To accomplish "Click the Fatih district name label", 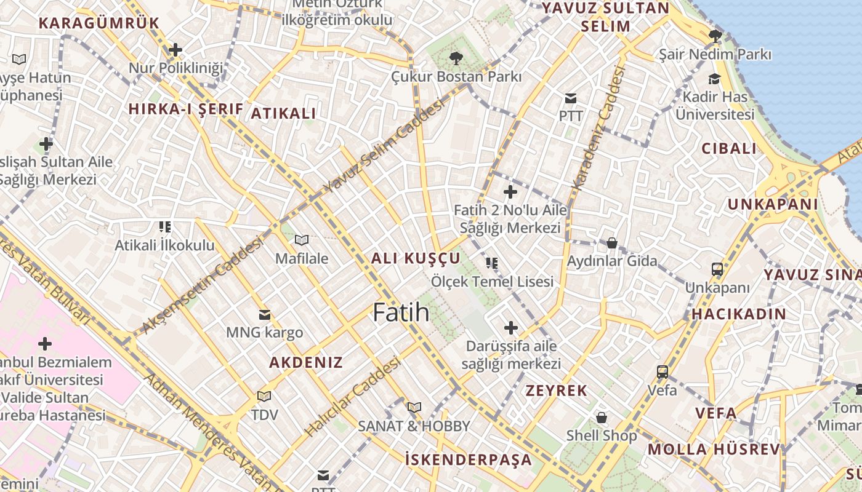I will coord(401,312).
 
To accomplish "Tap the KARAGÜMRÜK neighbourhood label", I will coord(99,23).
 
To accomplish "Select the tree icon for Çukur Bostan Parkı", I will coord(456,58).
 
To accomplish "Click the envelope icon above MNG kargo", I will coord(265,315).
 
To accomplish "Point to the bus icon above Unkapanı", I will coord(717,269).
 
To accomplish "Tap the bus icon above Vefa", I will coord(663,371).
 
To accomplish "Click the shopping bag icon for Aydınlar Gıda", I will coord(612,243).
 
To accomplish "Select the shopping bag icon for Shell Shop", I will coord(602,418).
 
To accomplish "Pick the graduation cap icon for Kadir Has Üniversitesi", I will coord(715,79).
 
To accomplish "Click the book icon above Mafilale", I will coord(301,240).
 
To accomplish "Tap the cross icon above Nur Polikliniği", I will coord(175,49).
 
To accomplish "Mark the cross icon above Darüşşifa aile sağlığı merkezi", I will coord(511,327).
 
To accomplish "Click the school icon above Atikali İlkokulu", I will coord(164,227).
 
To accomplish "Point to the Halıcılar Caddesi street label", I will coord(352,397).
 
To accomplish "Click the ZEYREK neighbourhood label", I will coord(556,391).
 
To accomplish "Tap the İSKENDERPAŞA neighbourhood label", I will coord(469,459).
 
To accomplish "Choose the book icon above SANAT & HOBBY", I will coord(414,407).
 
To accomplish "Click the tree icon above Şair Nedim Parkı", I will coord(715,36).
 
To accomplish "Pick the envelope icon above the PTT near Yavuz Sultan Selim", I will coord(571,98).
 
